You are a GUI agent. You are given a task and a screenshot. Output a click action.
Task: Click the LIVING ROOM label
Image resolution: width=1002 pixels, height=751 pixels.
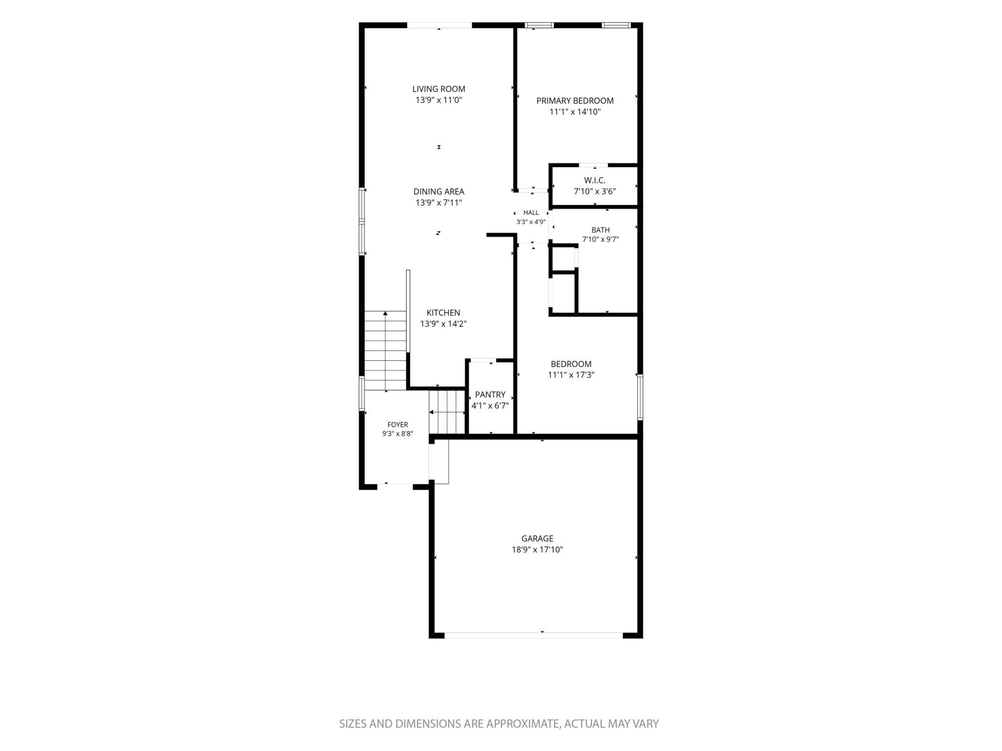438,89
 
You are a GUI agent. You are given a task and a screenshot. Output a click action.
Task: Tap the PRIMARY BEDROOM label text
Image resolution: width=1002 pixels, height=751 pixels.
575,101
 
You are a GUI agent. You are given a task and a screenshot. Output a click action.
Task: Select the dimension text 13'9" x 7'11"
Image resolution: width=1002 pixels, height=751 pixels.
438,203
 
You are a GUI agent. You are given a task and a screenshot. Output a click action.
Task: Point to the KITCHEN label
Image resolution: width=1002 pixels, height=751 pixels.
443,313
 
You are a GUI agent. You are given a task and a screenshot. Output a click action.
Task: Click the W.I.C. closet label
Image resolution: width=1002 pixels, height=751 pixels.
594,181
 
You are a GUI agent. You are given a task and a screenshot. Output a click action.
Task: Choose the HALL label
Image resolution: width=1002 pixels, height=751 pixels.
531,213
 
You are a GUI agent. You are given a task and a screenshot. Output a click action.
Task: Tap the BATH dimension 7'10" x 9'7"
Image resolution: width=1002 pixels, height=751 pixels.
600,239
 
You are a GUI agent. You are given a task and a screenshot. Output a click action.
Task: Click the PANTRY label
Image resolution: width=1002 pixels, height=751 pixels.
490,395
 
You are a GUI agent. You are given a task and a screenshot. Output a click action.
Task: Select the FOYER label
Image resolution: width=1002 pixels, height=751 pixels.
397,425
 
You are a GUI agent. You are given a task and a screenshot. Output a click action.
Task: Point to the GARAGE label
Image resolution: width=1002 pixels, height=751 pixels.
537,539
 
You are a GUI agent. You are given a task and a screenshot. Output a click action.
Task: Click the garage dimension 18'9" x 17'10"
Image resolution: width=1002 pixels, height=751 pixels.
537,550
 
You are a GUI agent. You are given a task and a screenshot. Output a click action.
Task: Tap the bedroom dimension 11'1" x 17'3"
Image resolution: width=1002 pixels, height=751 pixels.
571,375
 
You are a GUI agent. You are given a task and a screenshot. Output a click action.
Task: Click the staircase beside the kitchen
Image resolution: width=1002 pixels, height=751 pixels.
385,350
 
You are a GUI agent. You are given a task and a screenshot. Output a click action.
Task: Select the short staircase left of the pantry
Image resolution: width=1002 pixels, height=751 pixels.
447,412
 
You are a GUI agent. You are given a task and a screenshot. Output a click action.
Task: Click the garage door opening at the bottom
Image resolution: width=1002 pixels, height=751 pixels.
533,635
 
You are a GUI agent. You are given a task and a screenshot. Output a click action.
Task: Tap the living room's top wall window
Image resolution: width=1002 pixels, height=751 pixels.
439,26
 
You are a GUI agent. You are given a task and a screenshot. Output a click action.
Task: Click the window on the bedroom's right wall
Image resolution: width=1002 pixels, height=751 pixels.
640,397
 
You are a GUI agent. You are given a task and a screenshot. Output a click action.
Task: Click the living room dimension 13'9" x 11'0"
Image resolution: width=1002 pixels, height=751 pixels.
438,100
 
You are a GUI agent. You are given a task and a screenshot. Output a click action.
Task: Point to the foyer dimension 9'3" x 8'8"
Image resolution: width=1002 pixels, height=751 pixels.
397,434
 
